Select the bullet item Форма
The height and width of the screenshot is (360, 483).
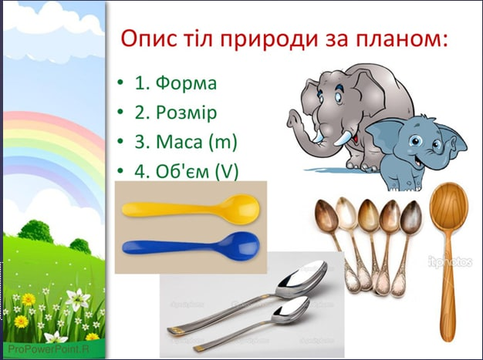[186, 82]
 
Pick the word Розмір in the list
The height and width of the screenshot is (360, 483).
[187, 113]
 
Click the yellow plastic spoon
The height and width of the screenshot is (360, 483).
[191, 208]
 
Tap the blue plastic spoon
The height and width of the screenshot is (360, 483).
[191, 244]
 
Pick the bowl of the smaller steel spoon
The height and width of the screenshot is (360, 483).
[292, 310]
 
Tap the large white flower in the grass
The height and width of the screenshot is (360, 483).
[78, 299]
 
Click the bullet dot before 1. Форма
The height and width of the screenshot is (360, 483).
[120, 83]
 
